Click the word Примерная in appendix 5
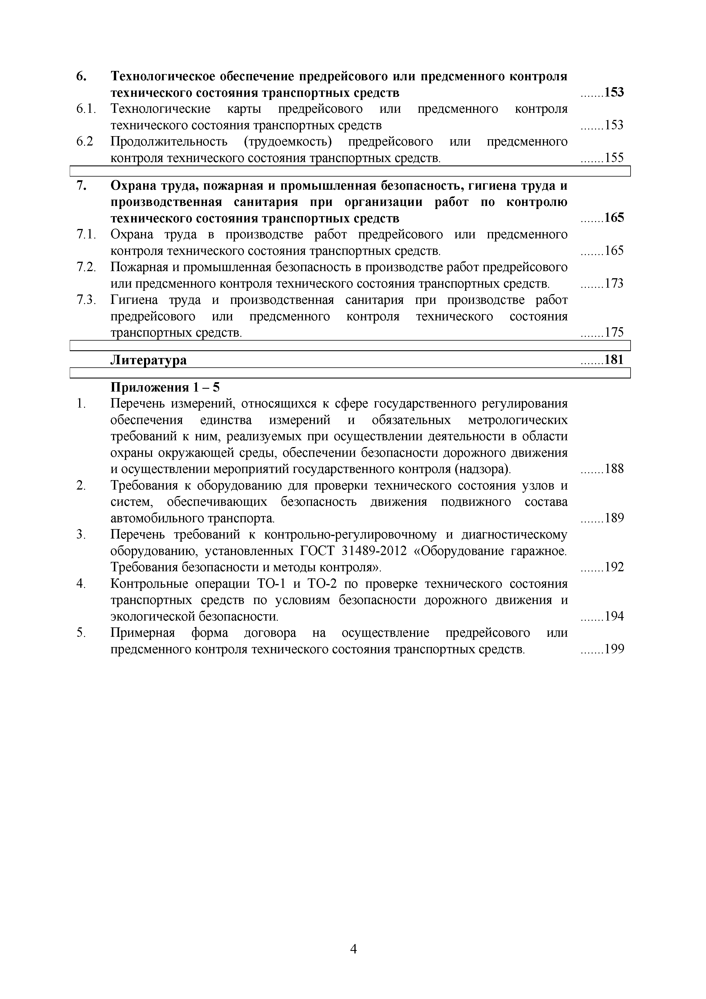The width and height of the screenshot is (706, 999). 142,633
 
